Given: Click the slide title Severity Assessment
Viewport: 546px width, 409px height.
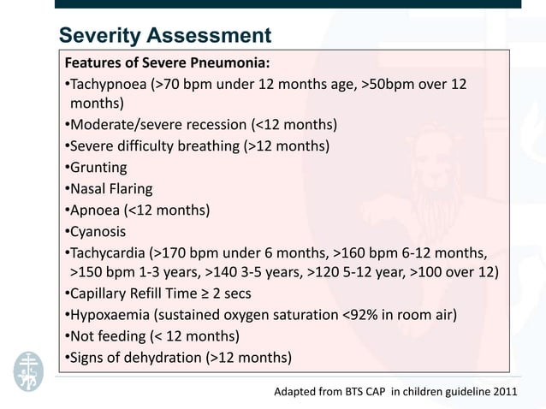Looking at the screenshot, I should [x=164, y=36].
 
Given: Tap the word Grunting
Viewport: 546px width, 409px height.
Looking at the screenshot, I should [x=98, y=168].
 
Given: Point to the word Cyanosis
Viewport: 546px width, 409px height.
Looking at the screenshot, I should [x=98, y=231].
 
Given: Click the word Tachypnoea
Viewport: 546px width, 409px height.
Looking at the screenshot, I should [x=109, y=86].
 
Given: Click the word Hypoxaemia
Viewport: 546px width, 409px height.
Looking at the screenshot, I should [x=111, y=314].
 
